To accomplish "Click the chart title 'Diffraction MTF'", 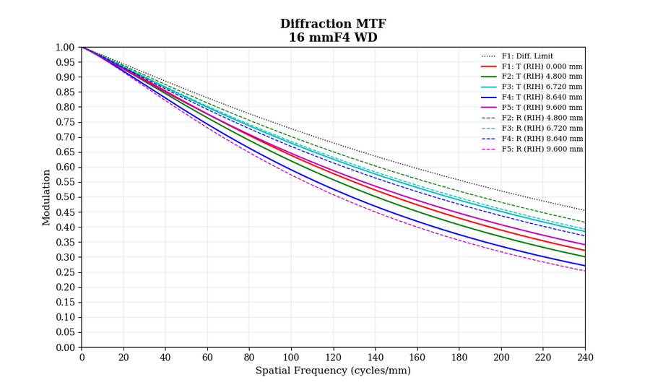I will click(x=333, y=25).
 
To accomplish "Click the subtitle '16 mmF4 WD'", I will click(x=333, y=38).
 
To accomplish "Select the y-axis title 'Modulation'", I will click(x=47, y=197).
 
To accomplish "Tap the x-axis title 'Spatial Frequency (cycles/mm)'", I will click(x=333, y=371).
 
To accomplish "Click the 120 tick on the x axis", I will click(x=333, y=357).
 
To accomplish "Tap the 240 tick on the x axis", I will click(x=585, y=357).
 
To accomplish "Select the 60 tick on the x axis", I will click(x=207, y=357).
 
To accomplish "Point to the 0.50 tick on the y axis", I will click(x=66, y=197).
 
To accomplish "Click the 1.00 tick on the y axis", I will click(x=66, y=47).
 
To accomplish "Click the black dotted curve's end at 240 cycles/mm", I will click(x=585, y=211).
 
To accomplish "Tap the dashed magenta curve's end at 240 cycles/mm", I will click(x=585, y=271).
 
